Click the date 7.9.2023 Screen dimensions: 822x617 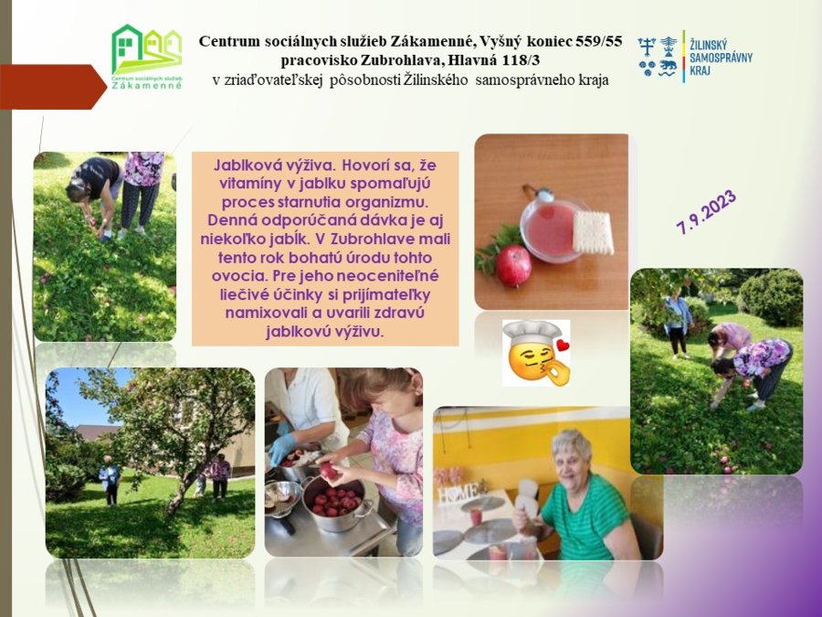point(706,211)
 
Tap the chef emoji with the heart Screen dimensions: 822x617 point(536,353)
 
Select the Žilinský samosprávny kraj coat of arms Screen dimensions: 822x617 point(658,57)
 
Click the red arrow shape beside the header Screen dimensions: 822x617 point(53,87)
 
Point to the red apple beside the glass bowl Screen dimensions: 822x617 point(513,265)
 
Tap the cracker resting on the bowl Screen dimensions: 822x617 point(593,232)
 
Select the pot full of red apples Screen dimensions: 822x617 point(335,504)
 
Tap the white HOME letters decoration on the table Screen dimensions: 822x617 point(458,493)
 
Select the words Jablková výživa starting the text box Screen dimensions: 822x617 point(274,165)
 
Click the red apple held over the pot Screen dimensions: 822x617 point(329,470)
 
